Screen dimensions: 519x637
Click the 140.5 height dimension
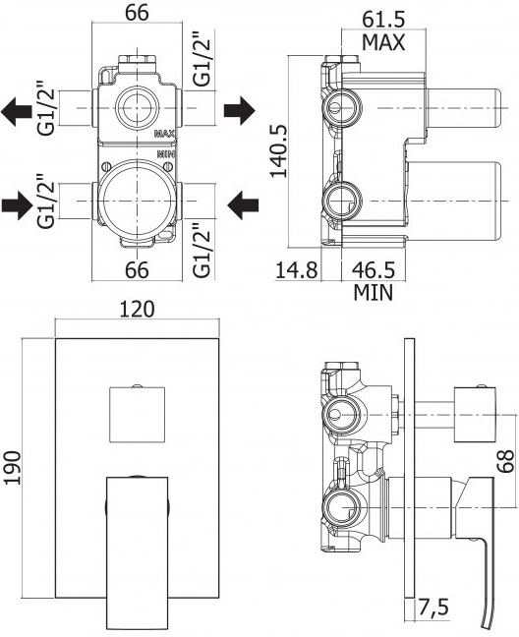pos(278,150)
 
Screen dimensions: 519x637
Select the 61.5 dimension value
pos(383,19)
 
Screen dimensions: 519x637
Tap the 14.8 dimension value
pos(297,269)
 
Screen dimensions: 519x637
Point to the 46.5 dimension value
pos(374,269)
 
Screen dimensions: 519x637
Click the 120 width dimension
pos(137,310)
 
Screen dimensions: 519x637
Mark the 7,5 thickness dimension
pos(432,608)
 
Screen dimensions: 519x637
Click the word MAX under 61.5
pos(383,42)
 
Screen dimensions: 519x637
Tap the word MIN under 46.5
pos(374,293)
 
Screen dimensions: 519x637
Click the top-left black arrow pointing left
pos(17,110)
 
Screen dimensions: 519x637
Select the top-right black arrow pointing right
pos(240,110)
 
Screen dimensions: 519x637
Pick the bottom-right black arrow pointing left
pos(243,205)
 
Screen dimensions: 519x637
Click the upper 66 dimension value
pos(137,14)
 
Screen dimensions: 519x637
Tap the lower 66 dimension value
pos(137,270)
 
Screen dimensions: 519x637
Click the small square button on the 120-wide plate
pos(138,414)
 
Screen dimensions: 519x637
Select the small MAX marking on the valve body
pos(164,134)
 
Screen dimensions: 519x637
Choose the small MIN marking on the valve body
pos(166,154)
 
